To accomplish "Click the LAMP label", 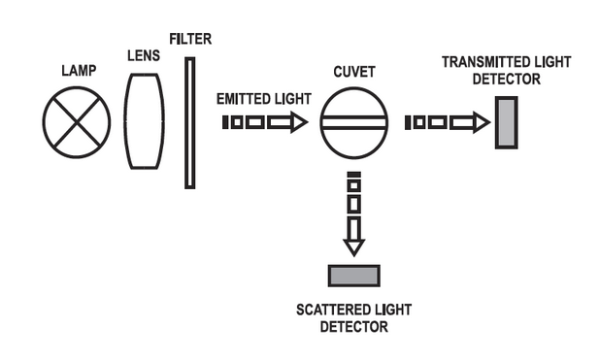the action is tap(79, 71).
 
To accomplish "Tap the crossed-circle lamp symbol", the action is tap(77, 122).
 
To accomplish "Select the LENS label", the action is tap(144, 56).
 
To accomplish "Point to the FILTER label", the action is tap(190, 39).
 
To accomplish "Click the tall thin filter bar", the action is tap(189, 123).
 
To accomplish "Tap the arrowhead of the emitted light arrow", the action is tap(299, 122).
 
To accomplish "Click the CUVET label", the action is tap(354, 72).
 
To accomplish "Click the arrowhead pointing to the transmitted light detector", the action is tap(482, 122).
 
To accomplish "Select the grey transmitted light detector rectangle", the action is tap(507, 122).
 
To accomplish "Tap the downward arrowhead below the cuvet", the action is tap(354, 247).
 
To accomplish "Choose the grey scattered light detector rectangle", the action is tap(354, 276).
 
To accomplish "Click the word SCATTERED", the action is tap(332, 310).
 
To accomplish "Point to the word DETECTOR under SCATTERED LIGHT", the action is tap(354, 327).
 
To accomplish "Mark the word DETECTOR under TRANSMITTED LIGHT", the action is tap(507, 80).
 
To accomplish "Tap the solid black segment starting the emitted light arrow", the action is tap(225, 122).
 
